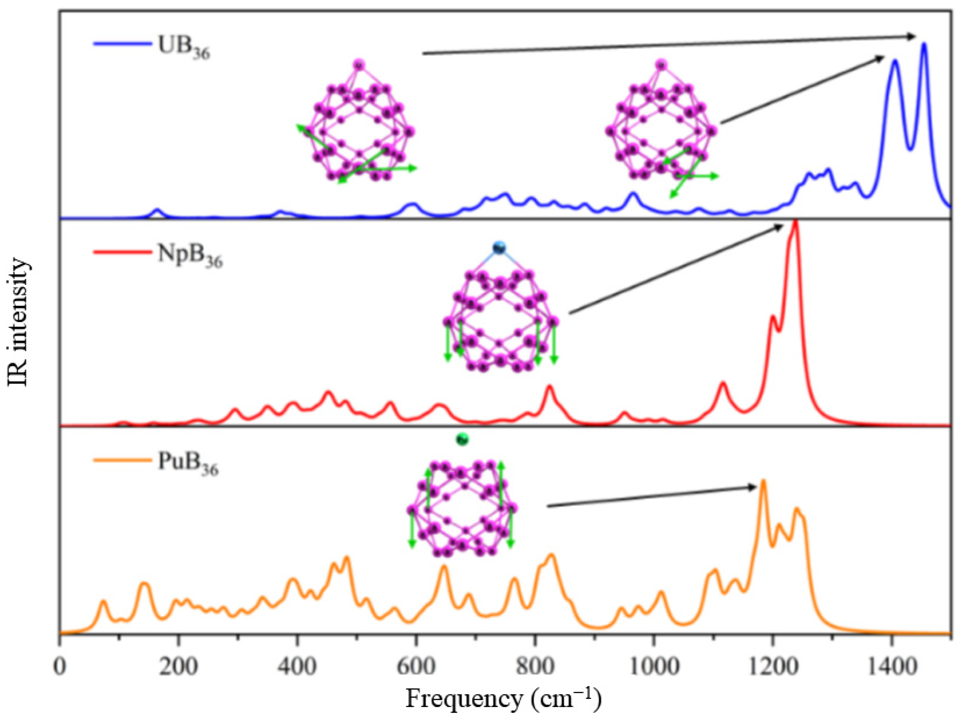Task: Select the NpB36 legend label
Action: point(190,255)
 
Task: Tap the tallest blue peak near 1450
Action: point(923,44)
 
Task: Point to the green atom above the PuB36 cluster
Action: point(462,439)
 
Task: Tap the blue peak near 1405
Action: point(895,61)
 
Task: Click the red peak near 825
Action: point(549,386)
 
